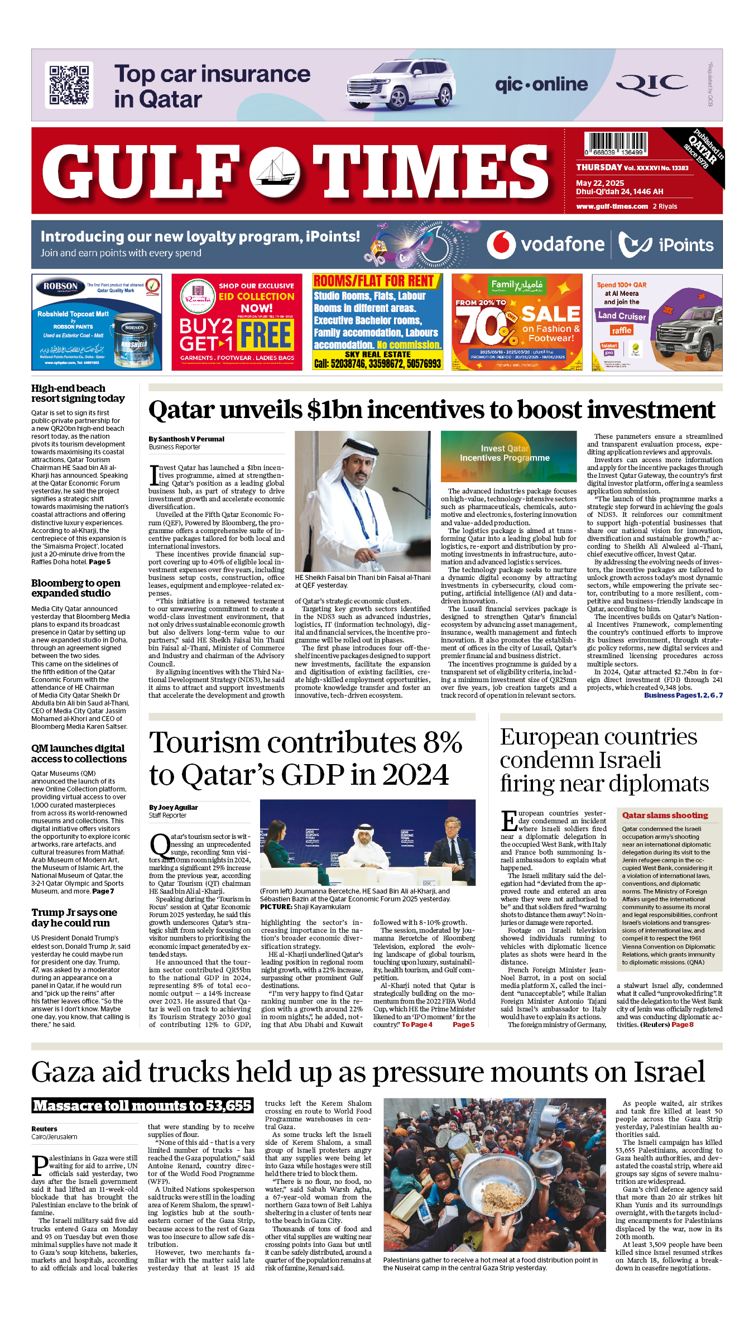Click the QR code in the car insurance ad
pyautogui.click(x=69, y=85)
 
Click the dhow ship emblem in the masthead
pyautogui.click(x=275, y=172)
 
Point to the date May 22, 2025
pyautogui.click(x=600, y=183)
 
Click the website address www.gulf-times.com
pyautogui.click(x=612, y=207)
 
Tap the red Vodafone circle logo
pyautogui.click(x=501, y=244)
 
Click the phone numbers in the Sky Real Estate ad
pyautogui.click(x=377, y=364)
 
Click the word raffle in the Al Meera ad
pyautogui.click(x=621, y=330)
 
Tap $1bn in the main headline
pyautogui.click(x=334, y=410)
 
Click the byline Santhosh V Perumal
pyautogui.click(x=186, y=439)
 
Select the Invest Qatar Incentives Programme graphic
pyautogui.click(x=508, y=456)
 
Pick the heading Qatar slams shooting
pyautogui.click(x=665, y=815)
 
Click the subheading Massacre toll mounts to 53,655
pyautogui.click(x=142, y=1106)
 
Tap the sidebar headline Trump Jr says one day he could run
pyautogui.click(x=74, y=918)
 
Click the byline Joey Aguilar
pyautogui.click(x=174, y=808)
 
